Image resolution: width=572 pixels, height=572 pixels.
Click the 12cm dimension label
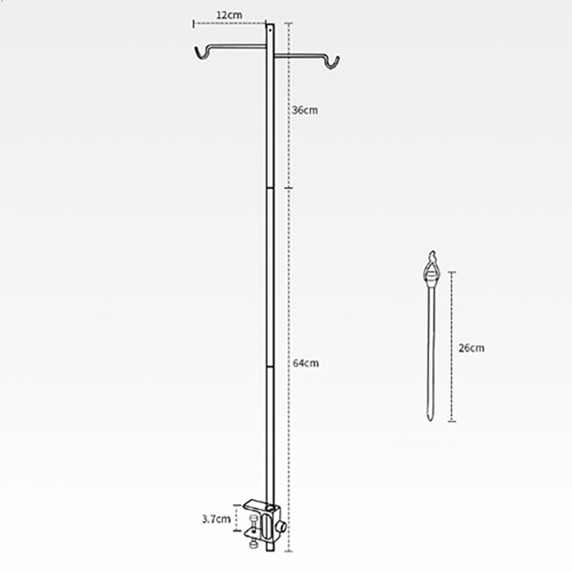[x=229, y=15]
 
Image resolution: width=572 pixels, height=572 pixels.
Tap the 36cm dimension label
[x=305, y=110]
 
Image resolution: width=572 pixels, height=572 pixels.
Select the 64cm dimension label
[x=306, y=363]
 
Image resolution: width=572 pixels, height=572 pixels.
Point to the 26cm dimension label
[x=471, y=347]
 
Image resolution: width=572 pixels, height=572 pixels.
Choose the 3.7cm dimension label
[x=217, y=519]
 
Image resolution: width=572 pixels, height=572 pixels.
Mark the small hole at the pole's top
[x=270, y=31]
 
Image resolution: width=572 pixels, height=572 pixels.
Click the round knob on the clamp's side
[x=281, y=527]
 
